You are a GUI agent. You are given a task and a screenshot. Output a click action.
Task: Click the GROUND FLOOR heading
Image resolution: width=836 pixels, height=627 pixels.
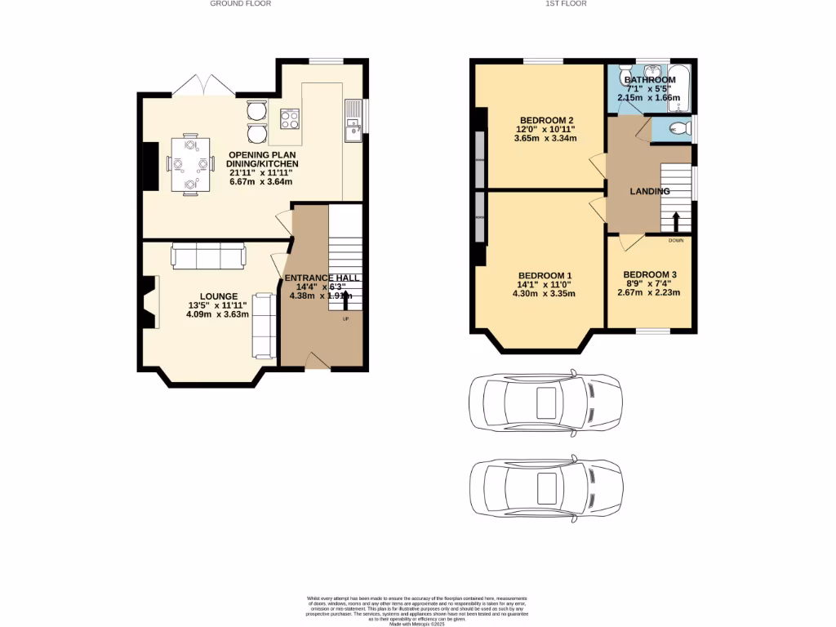[240, 4]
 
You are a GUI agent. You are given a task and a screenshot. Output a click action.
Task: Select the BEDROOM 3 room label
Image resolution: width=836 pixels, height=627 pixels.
[649, 275]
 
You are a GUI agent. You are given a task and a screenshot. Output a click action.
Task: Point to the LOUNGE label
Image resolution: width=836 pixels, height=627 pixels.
[218, 296]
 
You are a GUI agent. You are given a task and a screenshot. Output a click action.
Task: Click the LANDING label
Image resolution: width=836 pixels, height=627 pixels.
[650, 191]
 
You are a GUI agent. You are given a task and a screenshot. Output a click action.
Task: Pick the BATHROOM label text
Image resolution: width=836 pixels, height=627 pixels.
[650, 80]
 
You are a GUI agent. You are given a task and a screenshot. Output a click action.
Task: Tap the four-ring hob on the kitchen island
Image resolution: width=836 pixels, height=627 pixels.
[289, 120]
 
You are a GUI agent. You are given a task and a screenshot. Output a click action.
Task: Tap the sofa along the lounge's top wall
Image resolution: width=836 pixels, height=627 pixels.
[208, 256]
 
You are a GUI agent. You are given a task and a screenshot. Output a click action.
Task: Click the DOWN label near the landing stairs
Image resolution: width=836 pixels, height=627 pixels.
[676, 241]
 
